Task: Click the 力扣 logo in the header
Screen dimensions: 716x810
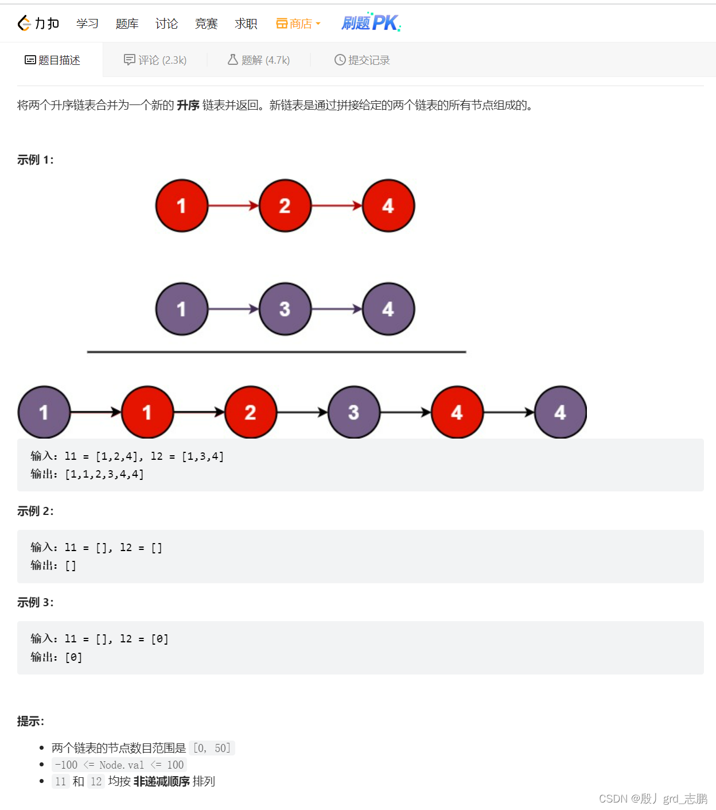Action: [38, 24]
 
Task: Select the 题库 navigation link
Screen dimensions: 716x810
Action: [127, 24]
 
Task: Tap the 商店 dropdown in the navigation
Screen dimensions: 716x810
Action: [298, 24]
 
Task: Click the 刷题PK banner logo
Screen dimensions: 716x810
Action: [371, 22]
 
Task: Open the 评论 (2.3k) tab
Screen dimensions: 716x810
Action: [155, 60]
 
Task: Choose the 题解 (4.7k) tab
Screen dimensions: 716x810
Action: [259, 60]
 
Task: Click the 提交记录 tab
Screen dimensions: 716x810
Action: [362, 60]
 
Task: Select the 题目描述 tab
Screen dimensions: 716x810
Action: [52, 60]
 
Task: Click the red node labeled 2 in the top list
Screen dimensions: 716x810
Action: [285, 206]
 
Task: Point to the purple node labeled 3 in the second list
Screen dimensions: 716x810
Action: [285, 309]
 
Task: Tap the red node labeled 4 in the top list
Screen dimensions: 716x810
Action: [388, 206]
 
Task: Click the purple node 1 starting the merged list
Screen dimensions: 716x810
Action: [44, 412]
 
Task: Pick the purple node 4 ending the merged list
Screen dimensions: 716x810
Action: [561, 412]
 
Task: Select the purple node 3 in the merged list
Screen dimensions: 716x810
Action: [354, 412]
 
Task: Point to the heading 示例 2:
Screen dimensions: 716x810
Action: [36, 511]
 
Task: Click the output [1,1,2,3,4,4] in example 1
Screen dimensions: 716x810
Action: [104, 474]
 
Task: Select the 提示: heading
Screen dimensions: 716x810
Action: [30, 721]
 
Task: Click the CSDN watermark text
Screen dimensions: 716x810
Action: [653, 799]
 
